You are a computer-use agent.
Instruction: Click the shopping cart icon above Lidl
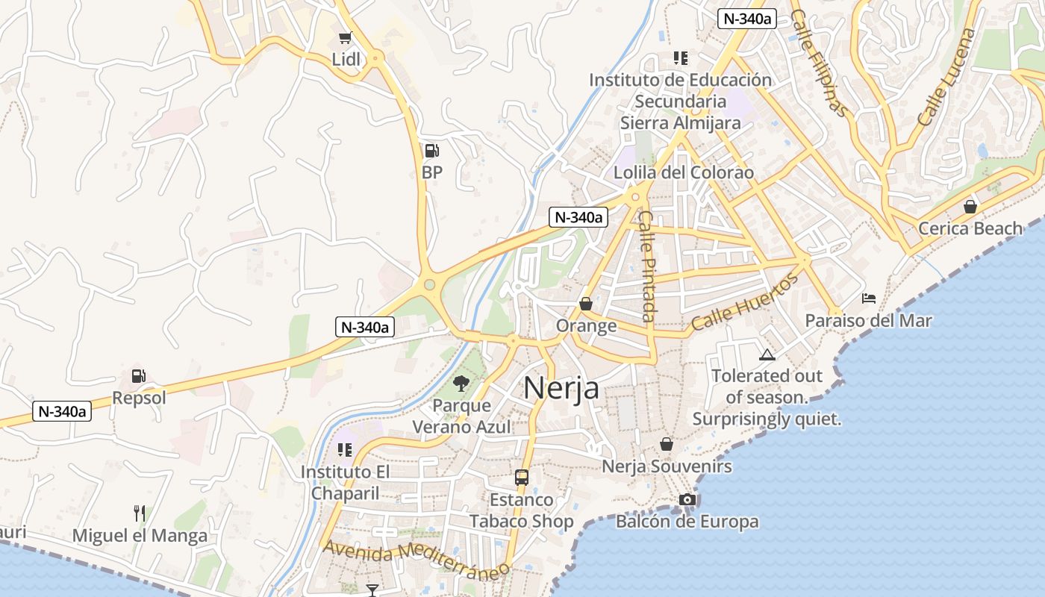(x=345, y=37)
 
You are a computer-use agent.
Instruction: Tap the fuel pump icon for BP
(x=431, y=151)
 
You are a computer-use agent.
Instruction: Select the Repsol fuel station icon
(x=138, y=376)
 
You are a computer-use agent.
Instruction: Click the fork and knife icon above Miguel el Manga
(x=140, y=513)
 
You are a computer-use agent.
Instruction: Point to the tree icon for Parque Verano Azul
(x=461, y=384)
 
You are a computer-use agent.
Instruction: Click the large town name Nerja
(x=561, y=388)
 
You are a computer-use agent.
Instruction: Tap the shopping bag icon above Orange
(x=586, y=304)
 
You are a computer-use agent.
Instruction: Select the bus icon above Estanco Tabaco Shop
(x=522, y=477)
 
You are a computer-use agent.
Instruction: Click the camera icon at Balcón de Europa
(x=687, y=499)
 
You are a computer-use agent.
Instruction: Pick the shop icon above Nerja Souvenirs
(x=667, y=444)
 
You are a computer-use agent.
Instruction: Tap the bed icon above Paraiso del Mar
(x=869, y=298)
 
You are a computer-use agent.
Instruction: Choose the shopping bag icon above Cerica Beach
(x=970, y=206)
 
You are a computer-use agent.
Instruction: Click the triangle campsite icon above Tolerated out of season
(x=767, y=354)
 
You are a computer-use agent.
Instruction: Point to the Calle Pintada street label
(x=647, y=265)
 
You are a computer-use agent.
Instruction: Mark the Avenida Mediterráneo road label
(x=416, y=557)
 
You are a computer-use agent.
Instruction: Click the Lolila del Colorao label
(x=684, y=172)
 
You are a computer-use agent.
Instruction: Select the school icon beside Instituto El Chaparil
(x=344, y=449)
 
